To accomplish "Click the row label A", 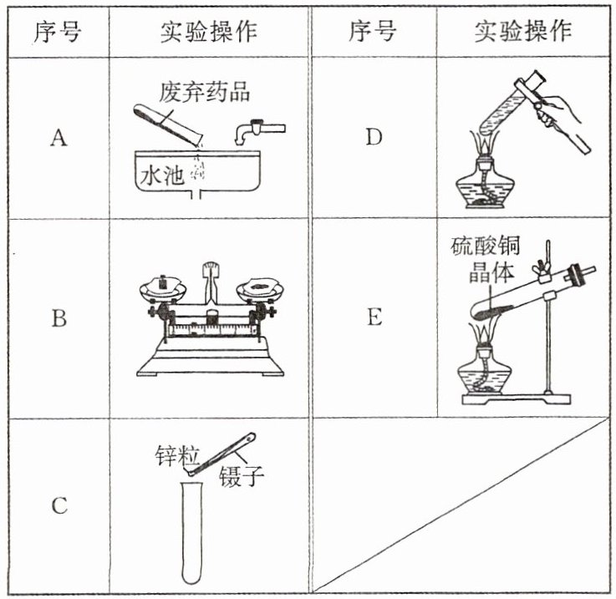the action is click(x=58, y=138).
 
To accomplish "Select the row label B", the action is click(x=58, y=318).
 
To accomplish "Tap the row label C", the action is click(x=58, y=506).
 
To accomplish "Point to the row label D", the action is click(x=373, y=138).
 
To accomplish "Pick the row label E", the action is click(x=373, y=318).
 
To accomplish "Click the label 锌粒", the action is click(x=174, y=455).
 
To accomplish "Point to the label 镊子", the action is click(x=242, y=477).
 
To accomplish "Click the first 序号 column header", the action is click(x=58, y=32).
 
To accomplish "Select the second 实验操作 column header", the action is click(x=522, y=32).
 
